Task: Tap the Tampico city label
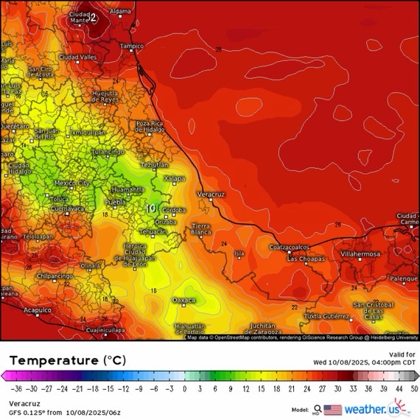[x=132, y=46]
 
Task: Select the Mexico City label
[x=72, y=183]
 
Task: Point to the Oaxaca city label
[x=183, y=300]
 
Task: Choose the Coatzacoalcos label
[x=288, y=247]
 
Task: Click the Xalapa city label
[x=174, y=178]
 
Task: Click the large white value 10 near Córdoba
[x=151, y=209]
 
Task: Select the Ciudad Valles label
[x=77, y=57]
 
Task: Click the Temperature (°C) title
[x=68, y=360]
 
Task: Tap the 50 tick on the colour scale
[x=413, y=387]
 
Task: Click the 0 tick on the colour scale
[x=184, y=387]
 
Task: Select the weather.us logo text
[x=377, y=409]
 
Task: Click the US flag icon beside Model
[x=333, y=410]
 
